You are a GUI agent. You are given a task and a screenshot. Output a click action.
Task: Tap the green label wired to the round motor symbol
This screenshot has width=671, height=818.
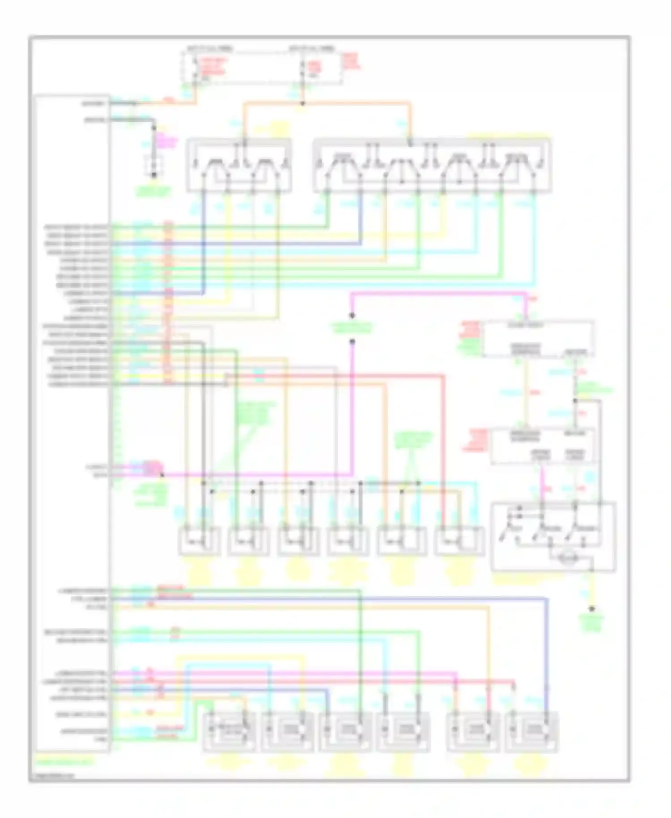point(591,622)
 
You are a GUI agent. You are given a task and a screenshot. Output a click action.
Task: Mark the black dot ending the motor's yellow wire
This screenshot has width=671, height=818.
point(591,609)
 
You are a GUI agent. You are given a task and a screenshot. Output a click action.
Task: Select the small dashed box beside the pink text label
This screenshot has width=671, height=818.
point(153,166)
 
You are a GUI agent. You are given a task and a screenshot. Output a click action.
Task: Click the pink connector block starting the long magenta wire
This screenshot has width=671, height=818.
point(150,469)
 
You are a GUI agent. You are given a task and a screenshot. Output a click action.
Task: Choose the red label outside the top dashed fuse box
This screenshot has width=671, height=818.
point(351,61)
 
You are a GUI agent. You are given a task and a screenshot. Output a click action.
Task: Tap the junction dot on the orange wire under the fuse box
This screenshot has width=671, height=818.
point(302,103)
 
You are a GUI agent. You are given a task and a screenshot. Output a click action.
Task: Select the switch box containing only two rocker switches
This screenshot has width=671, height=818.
point(239,166)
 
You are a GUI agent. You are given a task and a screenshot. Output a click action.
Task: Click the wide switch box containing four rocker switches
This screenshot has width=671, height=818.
point(432,166)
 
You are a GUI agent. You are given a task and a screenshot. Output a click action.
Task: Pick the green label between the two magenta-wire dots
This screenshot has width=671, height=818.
point(352,328)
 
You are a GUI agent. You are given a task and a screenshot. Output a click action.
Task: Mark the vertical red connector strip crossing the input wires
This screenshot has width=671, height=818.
point(168,302)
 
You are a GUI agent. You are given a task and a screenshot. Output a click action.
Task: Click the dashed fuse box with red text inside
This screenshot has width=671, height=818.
point(262,67)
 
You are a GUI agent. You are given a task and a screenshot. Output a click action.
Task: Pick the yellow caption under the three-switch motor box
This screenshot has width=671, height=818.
point(519,580)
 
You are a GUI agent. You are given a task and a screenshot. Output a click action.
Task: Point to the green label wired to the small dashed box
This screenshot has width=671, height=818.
point(153,192)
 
